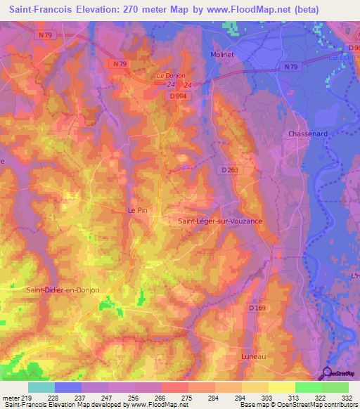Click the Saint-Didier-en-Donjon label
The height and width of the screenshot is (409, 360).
coord(63,290)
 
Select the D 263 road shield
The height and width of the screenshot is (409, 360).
coord(230,169)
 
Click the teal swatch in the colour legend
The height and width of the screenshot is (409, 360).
coord(41,387)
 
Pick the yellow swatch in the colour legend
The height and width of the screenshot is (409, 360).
coord(282,387)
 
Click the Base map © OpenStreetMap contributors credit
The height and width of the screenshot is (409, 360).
coord(299,405)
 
